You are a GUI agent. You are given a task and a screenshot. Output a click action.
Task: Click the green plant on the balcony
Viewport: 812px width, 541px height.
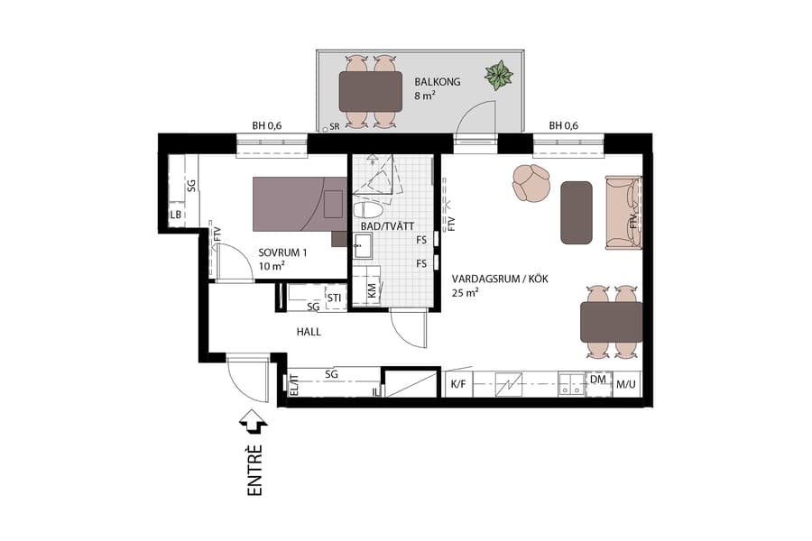[498, 75]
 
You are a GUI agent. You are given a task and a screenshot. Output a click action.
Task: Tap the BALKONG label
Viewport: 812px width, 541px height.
[438, 82]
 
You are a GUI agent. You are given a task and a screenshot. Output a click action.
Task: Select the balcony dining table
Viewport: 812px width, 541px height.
[370, 91]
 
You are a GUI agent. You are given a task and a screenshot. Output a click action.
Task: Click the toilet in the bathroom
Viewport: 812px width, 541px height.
[367, 209]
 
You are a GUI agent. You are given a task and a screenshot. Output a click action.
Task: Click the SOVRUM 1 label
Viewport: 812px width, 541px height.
[282, 252]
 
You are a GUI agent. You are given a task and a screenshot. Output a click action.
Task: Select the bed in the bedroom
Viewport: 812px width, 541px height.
[298, 205]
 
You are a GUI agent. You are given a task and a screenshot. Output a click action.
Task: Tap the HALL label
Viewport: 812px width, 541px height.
[309, 332]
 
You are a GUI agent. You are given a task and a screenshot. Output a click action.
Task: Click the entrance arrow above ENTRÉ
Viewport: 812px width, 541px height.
[254, 421]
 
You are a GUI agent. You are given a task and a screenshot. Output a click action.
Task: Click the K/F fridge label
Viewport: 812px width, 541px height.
[457, 385]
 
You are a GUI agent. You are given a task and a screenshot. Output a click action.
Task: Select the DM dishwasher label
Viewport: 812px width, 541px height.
[597, 381]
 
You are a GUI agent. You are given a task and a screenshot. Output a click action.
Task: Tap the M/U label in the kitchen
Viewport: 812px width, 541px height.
[626, 385]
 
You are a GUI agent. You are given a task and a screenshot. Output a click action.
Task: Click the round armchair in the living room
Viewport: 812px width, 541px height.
[531, 183]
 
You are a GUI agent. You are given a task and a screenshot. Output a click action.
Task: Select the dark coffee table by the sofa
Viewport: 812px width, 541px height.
[577, 212]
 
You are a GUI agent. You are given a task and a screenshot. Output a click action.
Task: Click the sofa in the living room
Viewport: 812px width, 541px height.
[623, 212]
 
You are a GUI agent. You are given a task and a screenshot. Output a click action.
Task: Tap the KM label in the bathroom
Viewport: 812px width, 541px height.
[371, 290]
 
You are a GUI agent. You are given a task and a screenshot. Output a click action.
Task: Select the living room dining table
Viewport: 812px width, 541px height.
[611, 322]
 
